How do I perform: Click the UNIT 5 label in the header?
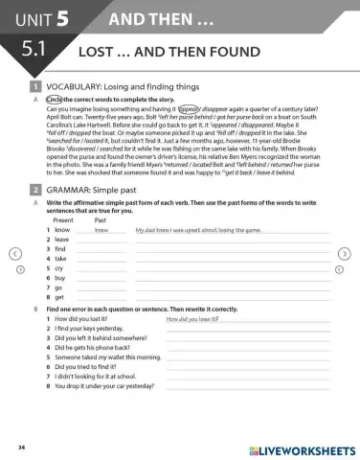44,18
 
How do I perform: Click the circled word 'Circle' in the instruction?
55,100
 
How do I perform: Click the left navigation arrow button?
13,253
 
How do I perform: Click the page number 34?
21,448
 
